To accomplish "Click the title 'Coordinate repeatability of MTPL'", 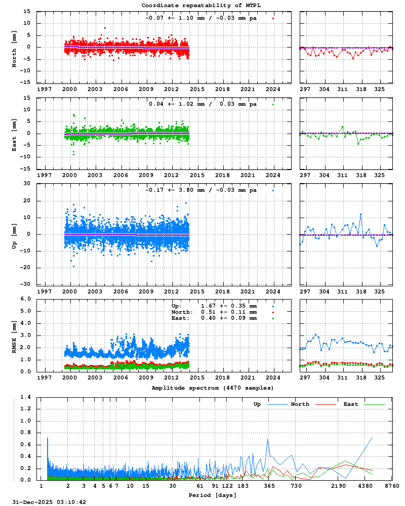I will tap(202, 5).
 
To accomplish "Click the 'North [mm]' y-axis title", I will tap(14, 47).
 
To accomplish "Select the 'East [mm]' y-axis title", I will tap(14, 133).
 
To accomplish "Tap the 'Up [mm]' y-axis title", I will tap(14, 234).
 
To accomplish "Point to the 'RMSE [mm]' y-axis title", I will tap(14, 335).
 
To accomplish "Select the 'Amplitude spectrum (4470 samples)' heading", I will tap(213, 388).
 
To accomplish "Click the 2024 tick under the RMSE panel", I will tap(273, 377).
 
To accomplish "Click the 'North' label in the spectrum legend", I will tap(300, 404).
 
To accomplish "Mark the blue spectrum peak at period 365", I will tap(268, 439).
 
